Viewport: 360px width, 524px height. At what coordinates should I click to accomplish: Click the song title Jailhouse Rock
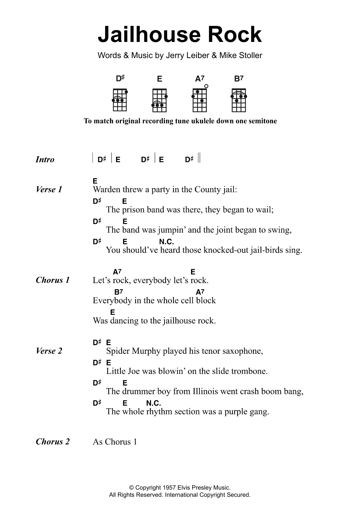point(180,35)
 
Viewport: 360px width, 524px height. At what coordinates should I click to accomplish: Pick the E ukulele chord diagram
point(160,99)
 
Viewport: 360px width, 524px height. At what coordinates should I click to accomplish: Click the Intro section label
point(45,159)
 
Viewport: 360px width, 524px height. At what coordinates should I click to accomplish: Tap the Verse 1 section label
point(49,190)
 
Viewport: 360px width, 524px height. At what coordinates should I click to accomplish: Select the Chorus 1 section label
point(53,280)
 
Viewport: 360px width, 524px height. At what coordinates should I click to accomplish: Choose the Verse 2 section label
point(49,351)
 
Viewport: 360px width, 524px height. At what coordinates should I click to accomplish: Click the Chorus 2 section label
point(53,442)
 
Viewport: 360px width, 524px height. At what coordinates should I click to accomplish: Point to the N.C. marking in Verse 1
point(166,242)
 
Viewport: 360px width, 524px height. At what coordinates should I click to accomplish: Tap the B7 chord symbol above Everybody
point(118,292)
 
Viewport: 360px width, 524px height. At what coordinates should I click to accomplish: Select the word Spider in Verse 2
point(117,351)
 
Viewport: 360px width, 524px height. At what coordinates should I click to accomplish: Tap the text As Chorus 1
point(115,442)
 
